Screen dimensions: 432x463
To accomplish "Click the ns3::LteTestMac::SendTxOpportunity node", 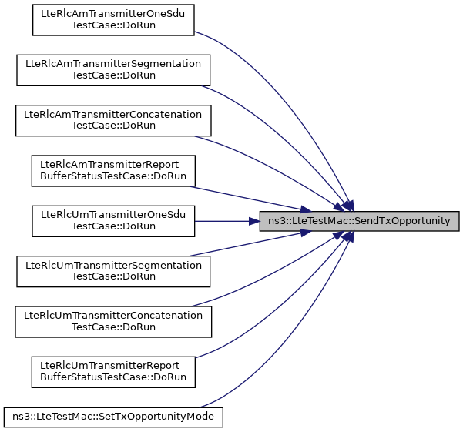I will [x=360, y=221].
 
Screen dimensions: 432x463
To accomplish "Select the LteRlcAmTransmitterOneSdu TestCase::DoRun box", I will [x=112, y=20].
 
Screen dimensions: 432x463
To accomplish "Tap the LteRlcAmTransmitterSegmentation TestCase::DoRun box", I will [x=113, y=70].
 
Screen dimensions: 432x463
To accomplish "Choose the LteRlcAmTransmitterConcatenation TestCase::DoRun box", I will [x=113, y=120].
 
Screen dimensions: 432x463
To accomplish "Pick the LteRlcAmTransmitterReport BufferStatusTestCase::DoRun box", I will [x=113, y=170].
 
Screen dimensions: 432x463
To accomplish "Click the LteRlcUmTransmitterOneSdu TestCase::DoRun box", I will [x=113, y=220].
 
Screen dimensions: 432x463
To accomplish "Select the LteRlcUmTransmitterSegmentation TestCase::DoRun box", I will [x=113, y=270].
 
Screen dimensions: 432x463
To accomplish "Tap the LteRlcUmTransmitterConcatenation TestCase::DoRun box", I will [x=113, y=320].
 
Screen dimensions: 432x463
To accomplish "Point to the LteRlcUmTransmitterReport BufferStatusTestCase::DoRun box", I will [x=113, y=370].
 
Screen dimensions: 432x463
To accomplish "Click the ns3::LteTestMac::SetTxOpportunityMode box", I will [x=113, y=417].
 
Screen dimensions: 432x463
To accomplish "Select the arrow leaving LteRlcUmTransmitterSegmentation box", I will [x=247, y=248].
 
